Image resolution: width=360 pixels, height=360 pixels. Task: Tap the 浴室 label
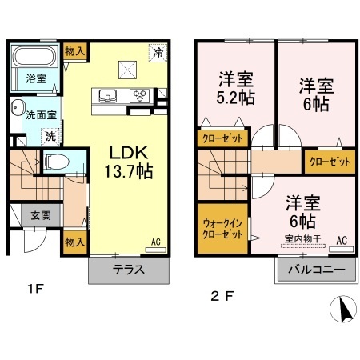point(34,78)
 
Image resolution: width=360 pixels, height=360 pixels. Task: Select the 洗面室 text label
point(36,115)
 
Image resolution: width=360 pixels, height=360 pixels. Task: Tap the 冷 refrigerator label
point(158,52)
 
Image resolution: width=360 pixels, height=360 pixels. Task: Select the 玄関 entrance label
point(41,214)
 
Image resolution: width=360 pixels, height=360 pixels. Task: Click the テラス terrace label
point(128,269)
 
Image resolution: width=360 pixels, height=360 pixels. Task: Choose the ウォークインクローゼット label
point(222,230)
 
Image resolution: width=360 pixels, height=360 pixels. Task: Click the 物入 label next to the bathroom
point(76,50)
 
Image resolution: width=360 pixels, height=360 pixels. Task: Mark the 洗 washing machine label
point(50,137)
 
